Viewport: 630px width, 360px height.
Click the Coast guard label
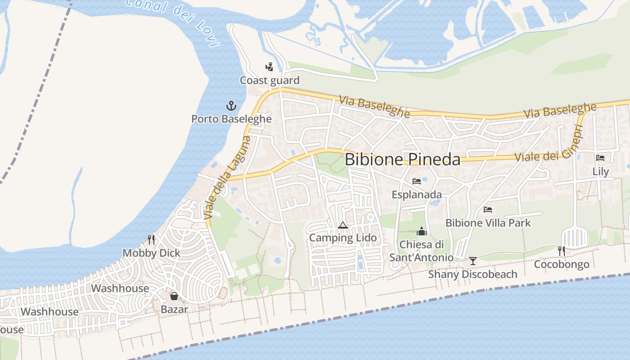pos(269,81)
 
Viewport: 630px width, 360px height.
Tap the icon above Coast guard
pos(269,67)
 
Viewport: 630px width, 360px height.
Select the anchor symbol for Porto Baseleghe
pos(231,106)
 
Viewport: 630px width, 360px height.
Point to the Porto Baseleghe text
pos(231,119)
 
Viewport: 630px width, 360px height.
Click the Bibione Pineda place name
pos(403,160)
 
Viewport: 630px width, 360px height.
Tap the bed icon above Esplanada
pos(417,181)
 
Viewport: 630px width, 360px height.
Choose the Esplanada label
pos(417,195)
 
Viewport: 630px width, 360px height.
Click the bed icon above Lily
pos(600,158)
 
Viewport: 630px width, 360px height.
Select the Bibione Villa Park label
pos(488,223)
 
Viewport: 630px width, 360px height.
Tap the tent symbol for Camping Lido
pos(343,225)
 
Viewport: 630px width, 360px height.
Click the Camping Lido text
pos(343,238)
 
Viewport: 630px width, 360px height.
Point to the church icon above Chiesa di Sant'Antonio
pos(422,231)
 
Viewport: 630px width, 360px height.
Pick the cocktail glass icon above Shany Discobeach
pos(472,261)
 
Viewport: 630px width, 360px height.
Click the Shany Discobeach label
pos(472,274)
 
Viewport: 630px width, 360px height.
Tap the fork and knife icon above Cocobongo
pos(562,251)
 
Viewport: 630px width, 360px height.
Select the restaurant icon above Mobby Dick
pos(151,239)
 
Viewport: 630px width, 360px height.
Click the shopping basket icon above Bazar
pos(174,296)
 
